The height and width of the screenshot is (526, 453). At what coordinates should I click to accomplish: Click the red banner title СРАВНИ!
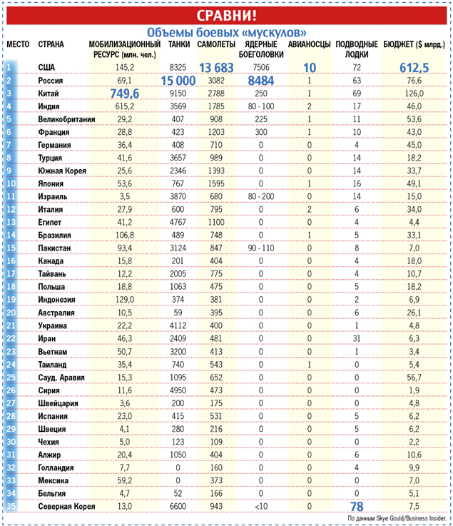click(226, 14)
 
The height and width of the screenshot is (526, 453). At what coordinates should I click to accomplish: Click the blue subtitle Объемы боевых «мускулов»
click(226, 32)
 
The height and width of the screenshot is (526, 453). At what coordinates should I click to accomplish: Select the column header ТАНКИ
click(178, 44)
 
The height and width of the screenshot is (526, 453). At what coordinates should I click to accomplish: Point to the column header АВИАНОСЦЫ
click(309, 44)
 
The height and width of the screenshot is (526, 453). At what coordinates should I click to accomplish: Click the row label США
click(46, 67)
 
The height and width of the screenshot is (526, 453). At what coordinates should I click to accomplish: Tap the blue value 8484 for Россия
click(260, 81)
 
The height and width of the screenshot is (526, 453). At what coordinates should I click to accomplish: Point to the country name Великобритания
click(66, 119)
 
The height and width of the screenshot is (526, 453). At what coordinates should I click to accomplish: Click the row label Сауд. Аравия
click(61, 377)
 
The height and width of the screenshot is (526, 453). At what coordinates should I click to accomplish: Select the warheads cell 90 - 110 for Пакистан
click(260, 248)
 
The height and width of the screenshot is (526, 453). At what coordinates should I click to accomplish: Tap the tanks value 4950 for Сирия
click(178, 390)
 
